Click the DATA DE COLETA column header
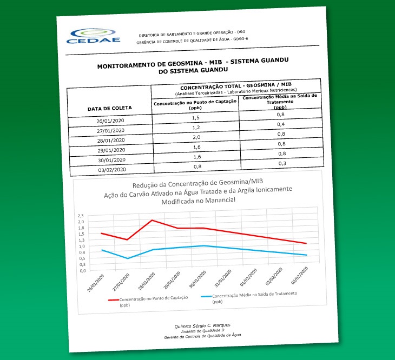coord(110,108)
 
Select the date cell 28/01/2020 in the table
coord(110,140)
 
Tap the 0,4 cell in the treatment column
coord(280,124)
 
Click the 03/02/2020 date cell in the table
coord(112,169)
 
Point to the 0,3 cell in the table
coord(281,163)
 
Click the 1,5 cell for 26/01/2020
coord(196,117)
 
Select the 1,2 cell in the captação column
coord(196,127)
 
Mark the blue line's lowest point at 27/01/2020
coord(128,258)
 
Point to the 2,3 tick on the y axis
coord(81,215)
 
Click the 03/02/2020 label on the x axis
coord(300,276)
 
